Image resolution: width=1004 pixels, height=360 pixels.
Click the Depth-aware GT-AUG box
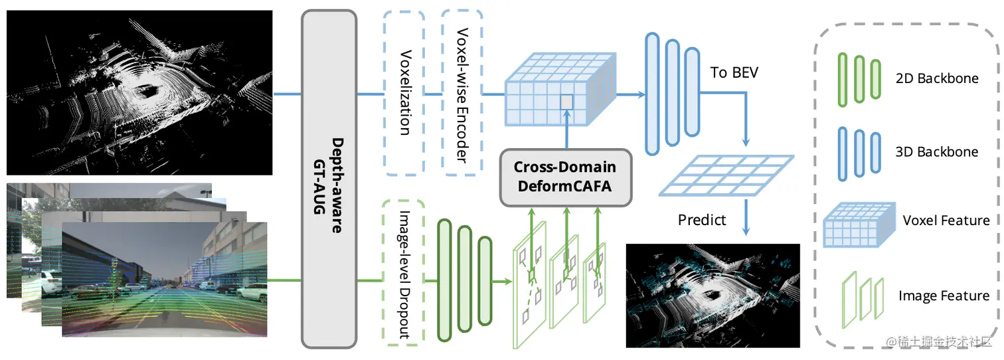tap(329, 179)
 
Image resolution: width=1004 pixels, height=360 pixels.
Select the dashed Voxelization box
tap(404, 93)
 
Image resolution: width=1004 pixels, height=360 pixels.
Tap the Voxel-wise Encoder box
tap(462, 93)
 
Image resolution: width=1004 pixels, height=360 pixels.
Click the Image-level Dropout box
tap(404, 273)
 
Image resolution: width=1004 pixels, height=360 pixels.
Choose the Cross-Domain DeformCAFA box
tap(566, 177)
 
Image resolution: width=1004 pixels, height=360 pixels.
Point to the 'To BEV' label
tap(734, 72)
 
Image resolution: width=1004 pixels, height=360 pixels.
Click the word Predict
tap(702, 220)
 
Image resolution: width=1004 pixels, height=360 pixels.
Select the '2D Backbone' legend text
tap(937, 78)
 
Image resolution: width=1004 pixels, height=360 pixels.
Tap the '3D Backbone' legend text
tap(937, 152)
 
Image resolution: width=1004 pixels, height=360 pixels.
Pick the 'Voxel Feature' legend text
tap(946, 221)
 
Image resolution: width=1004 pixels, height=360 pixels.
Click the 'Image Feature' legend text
tap(944, 296)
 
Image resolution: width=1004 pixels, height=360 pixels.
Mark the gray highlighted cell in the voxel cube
tap(567, 102)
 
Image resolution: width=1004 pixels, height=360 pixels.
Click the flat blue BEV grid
tap(726, 175)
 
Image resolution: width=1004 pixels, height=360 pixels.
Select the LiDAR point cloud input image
tap(139, 93)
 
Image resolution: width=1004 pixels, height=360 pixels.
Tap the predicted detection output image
tap(712, 296)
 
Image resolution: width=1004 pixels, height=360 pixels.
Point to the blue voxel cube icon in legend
tap(859, 225)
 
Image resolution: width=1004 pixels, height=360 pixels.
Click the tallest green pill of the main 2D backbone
tap(444, 280)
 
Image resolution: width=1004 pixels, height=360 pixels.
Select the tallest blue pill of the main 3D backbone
tap(652, 94)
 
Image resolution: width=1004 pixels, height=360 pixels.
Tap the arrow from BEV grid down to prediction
tap(746, 217)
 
